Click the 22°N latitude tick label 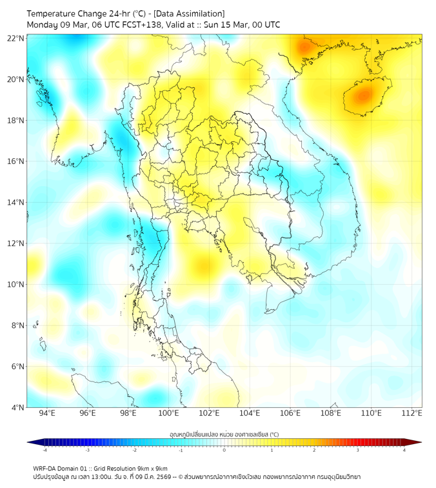coord(15,38)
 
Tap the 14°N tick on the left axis coord(15,202)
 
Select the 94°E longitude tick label coord(47,413)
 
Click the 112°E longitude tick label coord(411,413)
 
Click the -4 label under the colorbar coord(45,450)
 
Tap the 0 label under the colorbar coord(224,450)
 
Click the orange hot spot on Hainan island coord(362,96)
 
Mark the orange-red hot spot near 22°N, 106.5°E coord(304,47)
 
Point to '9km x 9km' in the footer coord(151,468)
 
